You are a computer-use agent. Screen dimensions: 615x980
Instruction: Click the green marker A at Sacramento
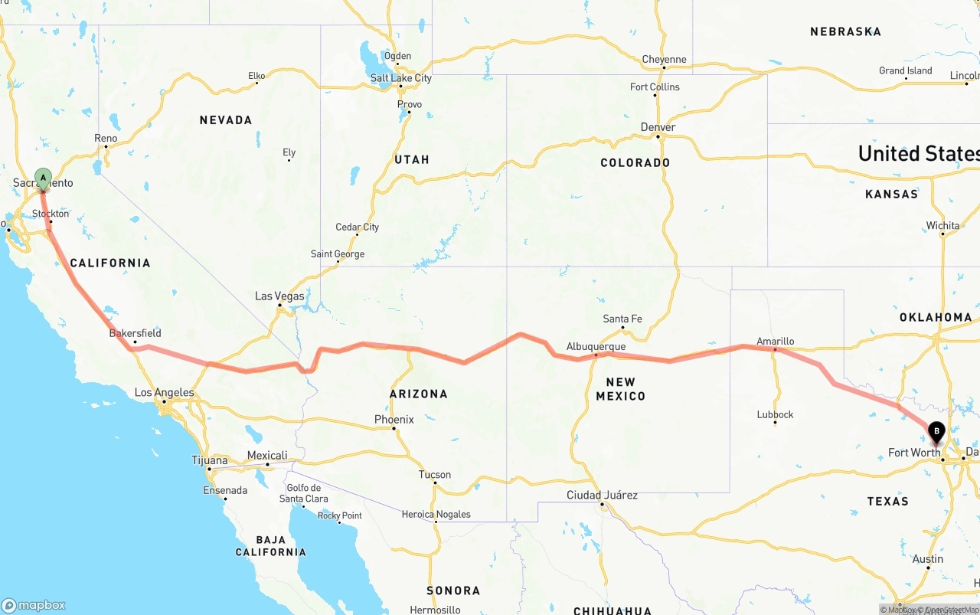pos(44,178)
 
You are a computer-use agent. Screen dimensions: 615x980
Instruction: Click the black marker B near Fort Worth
pos(936,433)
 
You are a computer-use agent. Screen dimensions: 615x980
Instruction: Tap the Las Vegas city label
pos(279,296)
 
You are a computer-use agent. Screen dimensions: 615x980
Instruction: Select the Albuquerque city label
pos(596,346)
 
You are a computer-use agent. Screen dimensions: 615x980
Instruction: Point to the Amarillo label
pos(775,342)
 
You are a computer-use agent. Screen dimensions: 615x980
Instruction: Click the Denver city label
pos(658,127)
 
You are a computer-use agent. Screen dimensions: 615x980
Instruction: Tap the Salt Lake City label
pos(400,78)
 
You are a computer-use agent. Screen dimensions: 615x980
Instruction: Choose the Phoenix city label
pos(394,419)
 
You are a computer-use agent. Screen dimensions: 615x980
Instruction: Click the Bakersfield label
pos(136,333)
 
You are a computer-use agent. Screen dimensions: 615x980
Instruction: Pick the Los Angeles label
pos(164,392)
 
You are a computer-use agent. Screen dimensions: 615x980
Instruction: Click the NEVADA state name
pos(226,120)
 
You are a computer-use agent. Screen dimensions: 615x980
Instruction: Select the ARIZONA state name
pos(418,394)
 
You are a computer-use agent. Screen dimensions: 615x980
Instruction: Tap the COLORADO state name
pos(635,162)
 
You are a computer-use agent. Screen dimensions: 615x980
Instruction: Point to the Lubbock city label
pos(775,414)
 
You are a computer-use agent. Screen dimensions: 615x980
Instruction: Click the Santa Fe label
pos(622,319)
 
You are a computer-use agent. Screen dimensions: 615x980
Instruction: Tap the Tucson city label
pos(435,475)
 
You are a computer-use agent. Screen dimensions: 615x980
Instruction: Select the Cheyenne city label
pos(664,60)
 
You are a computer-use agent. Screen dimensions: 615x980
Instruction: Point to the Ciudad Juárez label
pos(602,496)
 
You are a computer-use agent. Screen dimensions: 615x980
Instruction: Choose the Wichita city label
pos(942,226)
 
